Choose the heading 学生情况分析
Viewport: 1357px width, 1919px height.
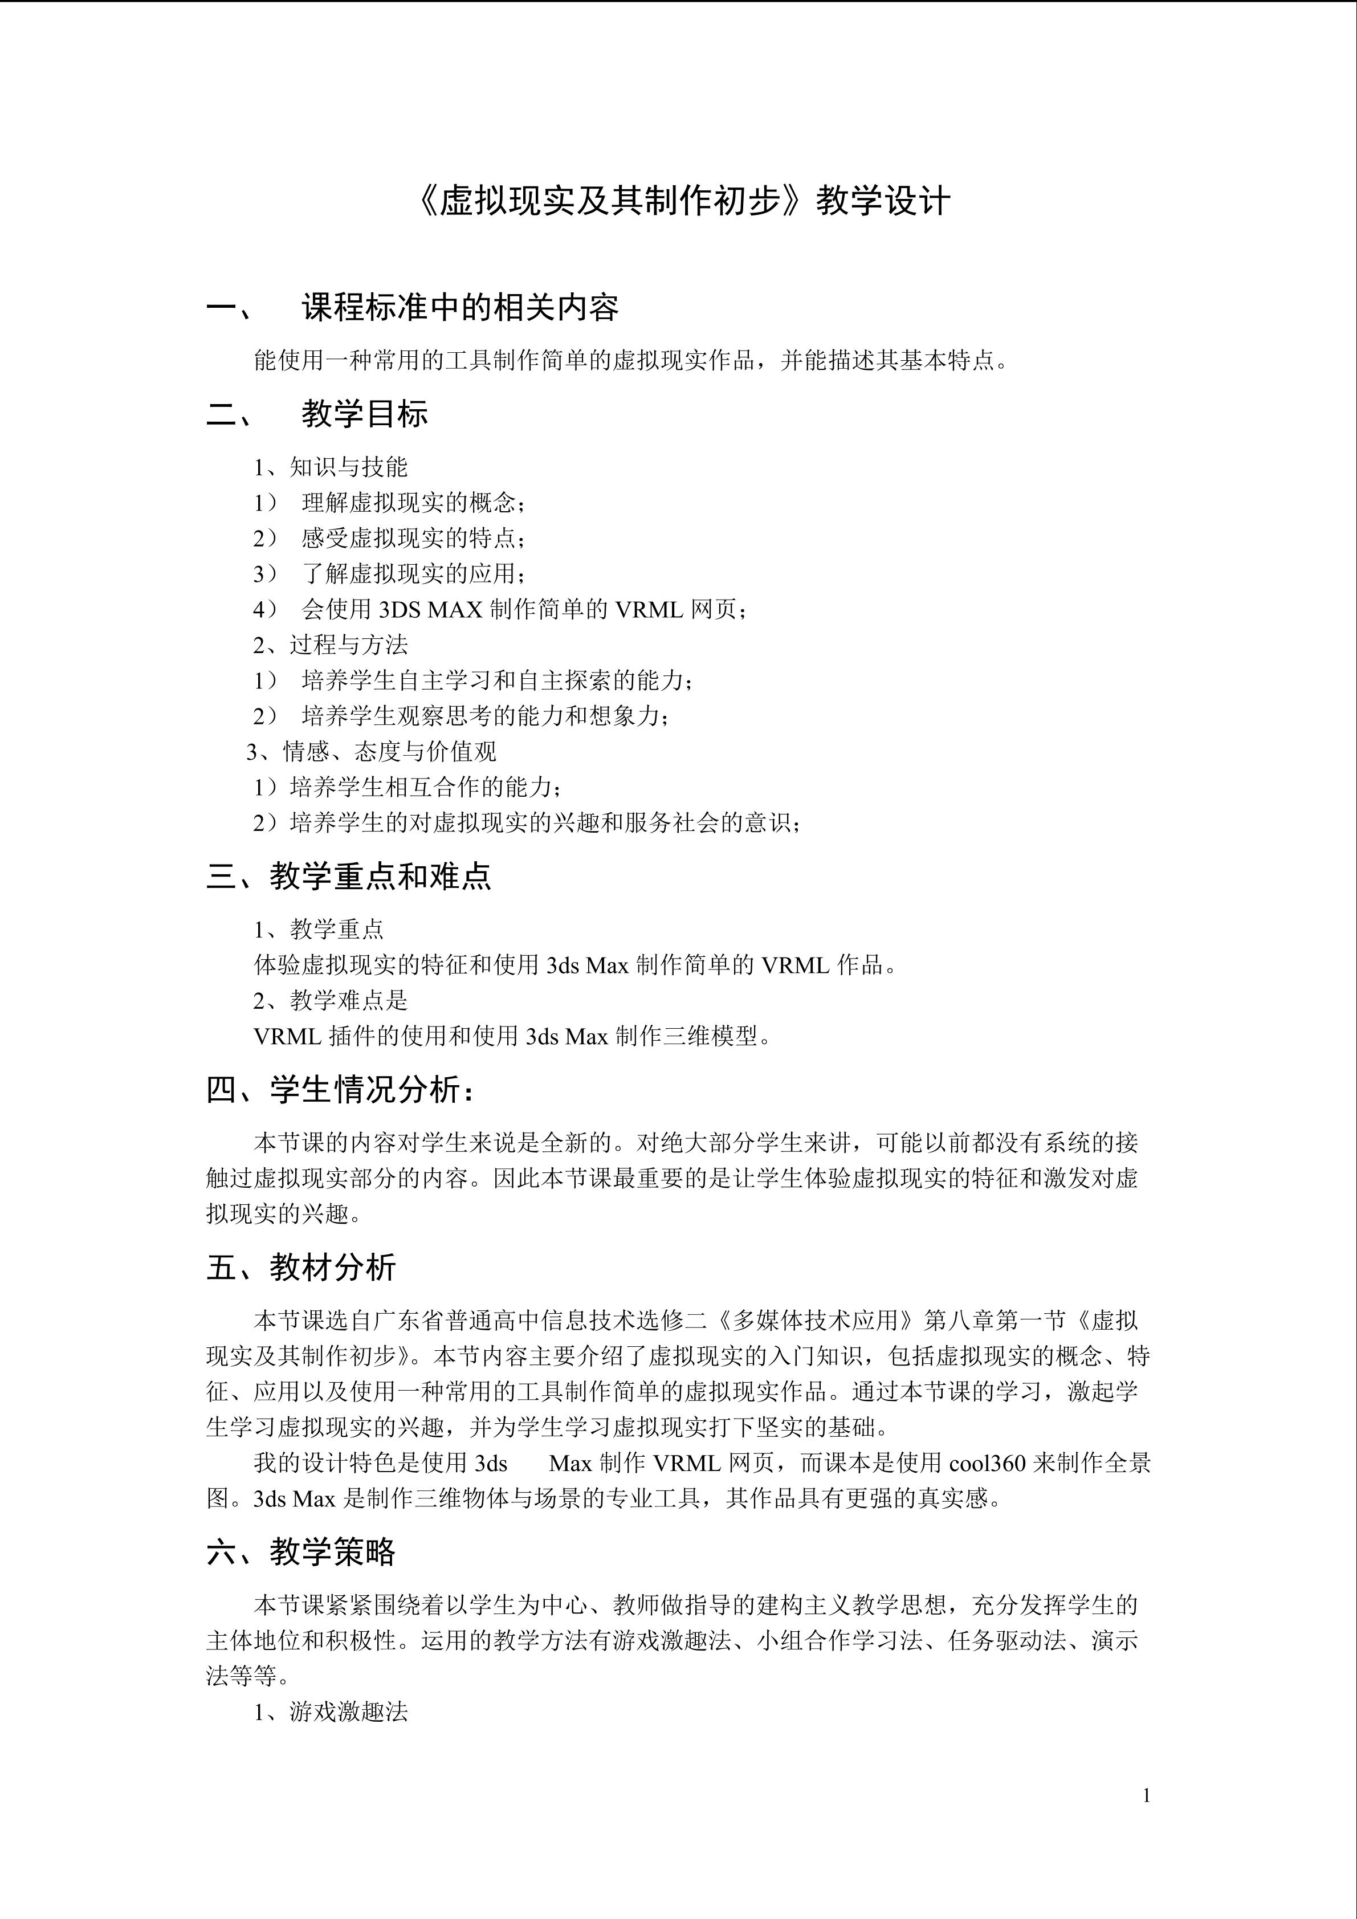pos(373,1090)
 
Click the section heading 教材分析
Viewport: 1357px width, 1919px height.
pos(333,1267)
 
